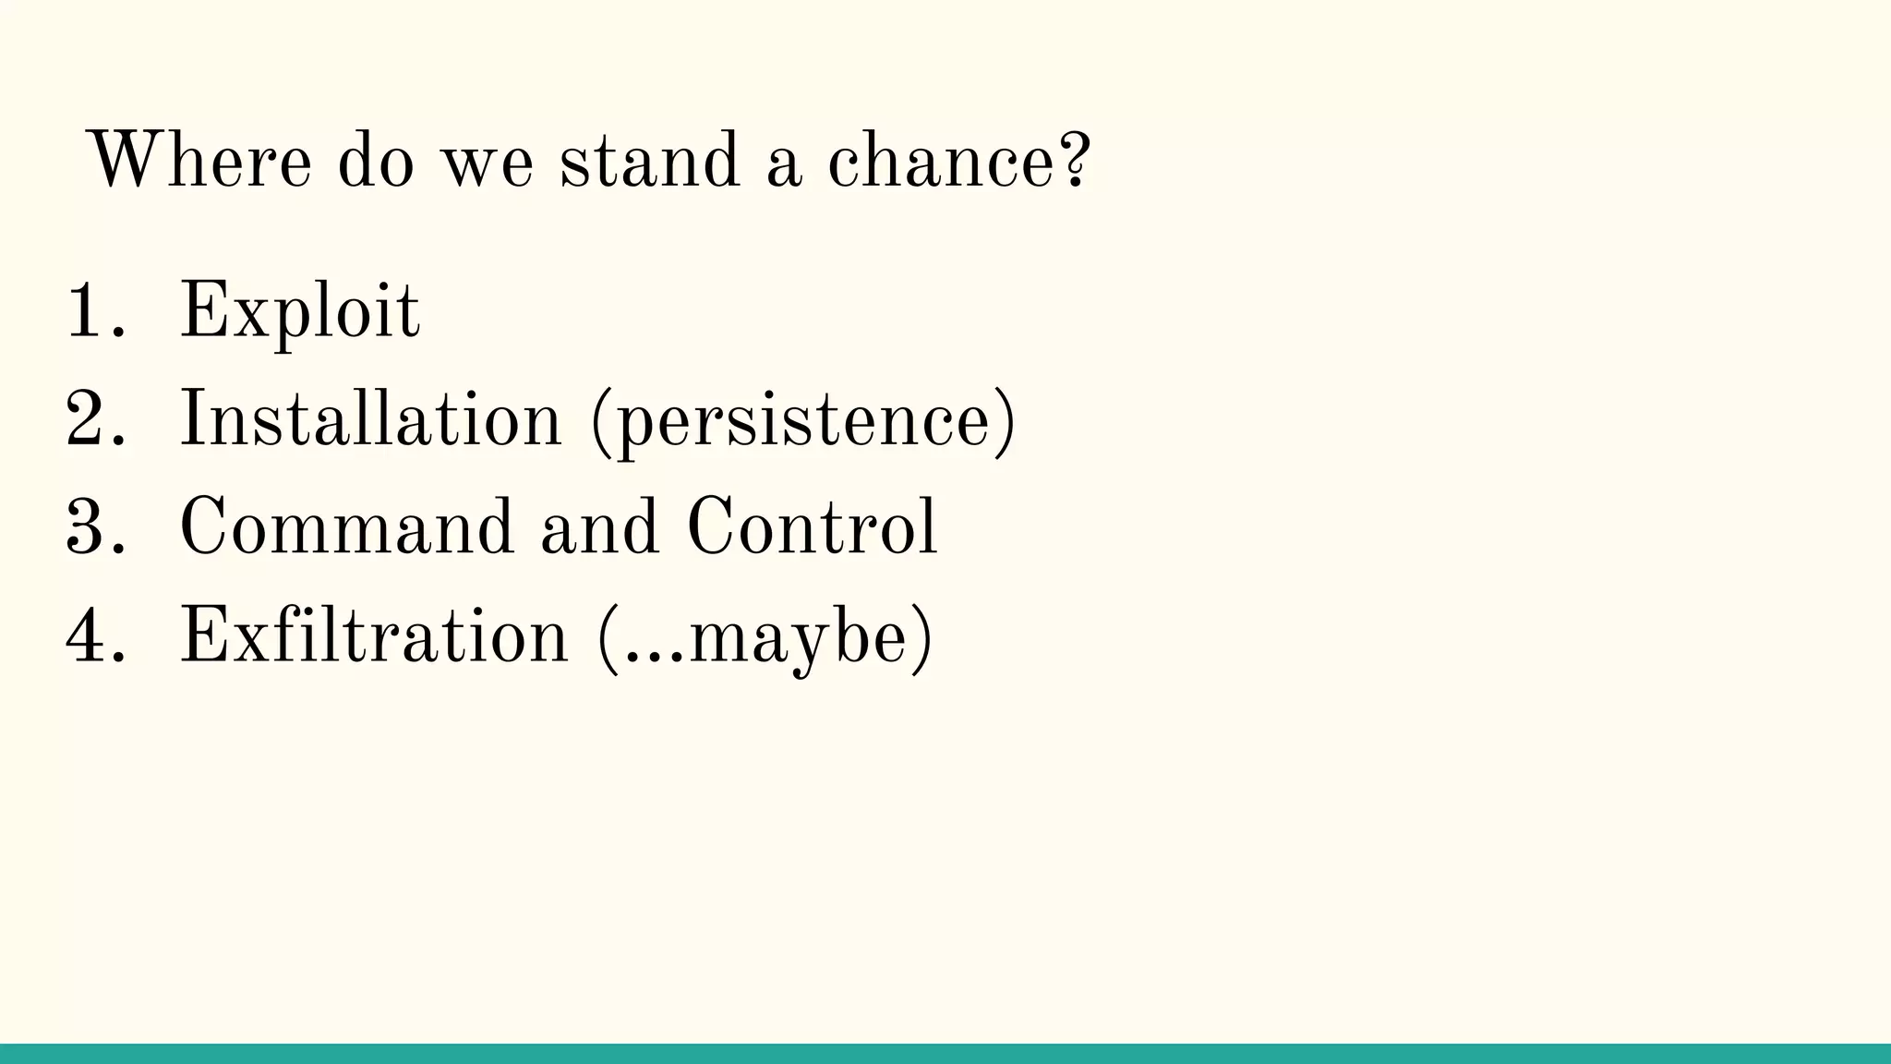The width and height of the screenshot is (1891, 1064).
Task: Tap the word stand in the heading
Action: coord(649,161)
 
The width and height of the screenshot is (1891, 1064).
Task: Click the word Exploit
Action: coord(299,312)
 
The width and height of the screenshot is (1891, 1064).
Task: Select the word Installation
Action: coord(370,419)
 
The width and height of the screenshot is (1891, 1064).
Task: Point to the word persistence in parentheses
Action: coord(802,423)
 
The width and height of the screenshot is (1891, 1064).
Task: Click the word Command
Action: coord(346,527)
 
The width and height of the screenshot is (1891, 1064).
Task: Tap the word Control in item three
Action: coord(812,527)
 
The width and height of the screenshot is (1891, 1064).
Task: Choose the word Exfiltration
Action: coord(374,635)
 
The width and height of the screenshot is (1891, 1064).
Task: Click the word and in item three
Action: coord(600,527)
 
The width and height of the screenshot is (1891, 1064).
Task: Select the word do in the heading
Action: coord(376,161)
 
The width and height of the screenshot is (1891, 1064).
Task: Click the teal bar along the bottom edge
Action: coord(945,1054)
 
